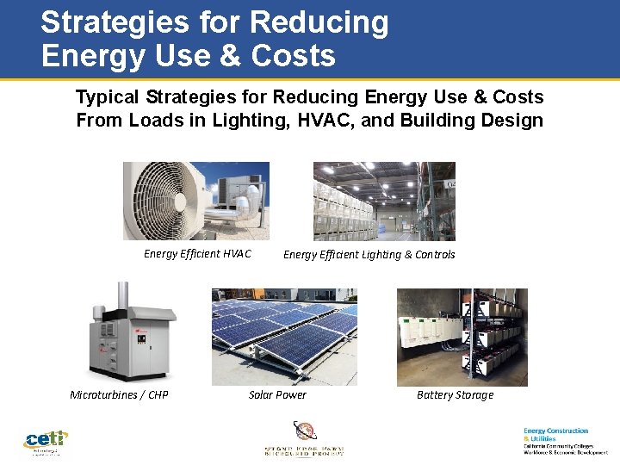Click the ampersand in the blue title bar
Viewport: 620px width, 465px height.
click(x=231, y=56)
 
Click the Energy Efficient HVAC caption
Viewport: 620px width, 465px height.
click(x=197, y=254)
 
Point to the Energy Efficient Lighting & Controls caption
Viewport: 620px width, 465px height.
click(x=369, y=255)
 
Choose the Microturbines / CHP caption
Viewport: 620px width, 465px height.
click(x=119, y=395)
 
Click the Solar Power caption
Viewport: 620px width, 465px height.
click(x=277, y=395)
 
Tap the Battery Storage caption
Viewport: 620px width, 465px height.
click(x=455, y=395)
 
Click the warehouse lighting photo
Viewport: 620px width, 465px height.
click(x=383, y=201)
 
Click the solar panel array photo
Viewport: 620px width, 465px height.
click(x=284, y=337)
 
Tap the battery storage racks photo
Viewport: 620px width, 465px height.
click(x=462, y=337)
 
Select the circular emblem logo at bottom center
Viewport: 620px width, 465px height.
click(x=304, y=430)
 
